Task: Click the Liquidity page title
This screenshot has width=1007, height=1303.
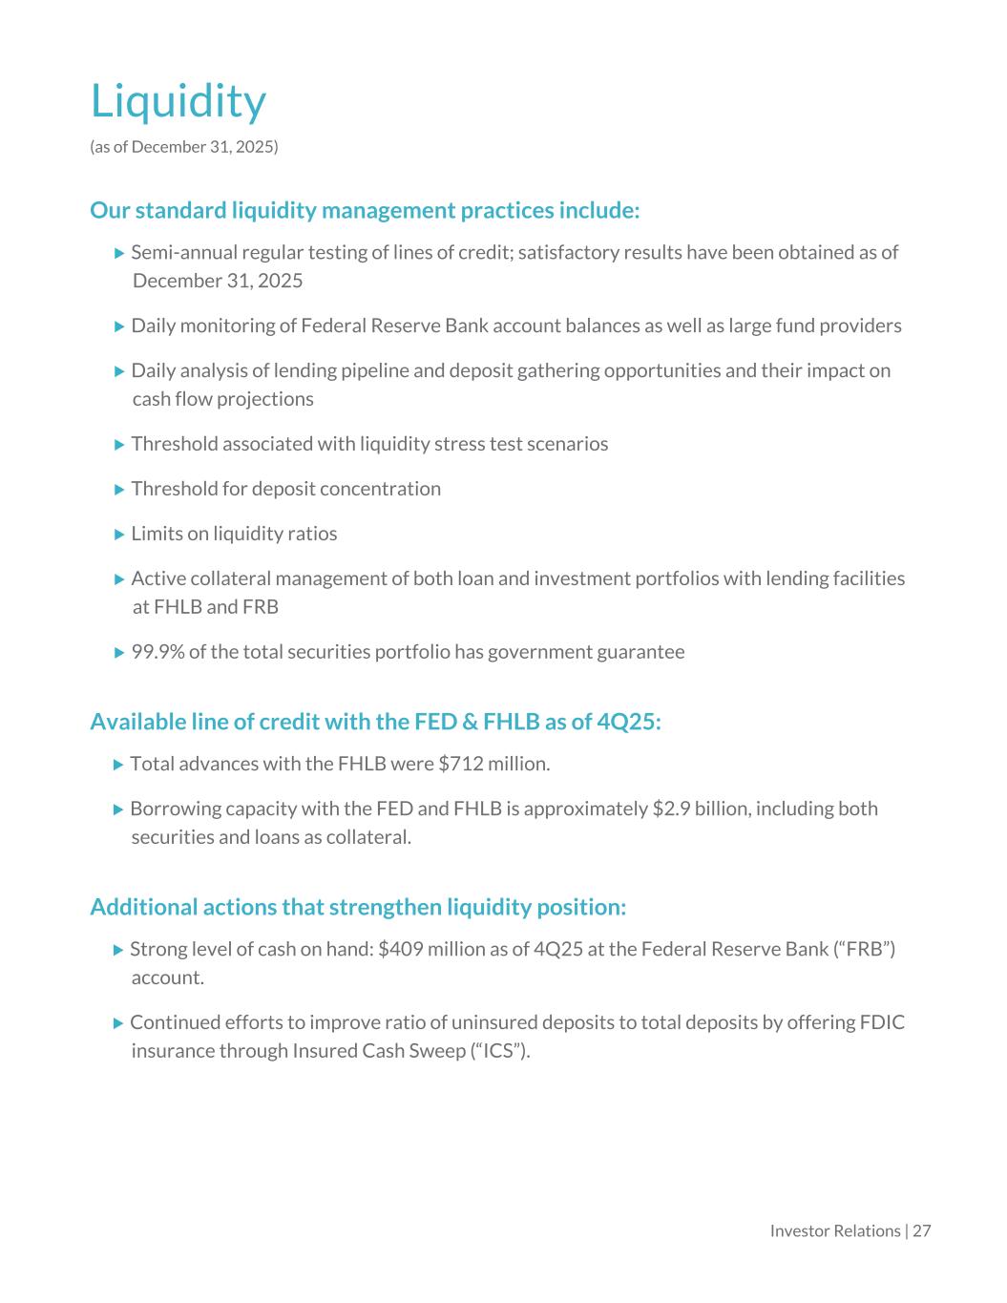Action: pyautogui.click(x=178, y=101)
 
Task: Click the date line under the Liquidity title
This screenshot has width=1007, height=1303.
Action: pyautogui.click(x=184, y=147)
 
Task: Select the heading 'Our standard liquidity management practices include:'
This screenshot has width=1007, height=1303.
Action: pyautogui.click(x=365, y=210)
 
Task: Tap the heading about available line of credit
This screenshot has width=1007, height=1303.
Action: pyautogui.click(x=375, y=722)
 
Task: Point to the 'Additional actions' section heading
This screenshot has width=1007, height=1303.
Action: pyautogui.click(x=358, y=907)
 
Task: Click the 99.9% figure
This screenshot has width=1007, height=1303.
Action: pyautogui.click(x=157, y=652)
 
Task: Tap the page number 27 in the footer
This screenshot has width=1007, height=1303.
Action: pyautogui.click(x=921, y=1230)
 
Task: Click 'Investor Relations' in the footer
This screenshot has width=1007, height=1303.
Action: pyautogui.click(x=835, y=1230)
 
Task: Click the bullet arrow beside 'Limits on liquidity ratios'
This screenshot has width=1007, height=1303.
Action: pyautogui.click(x=119, y=535)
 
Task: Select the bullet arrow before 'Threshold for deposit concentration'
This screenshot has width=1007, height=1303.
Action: pyautogui.click(x=119, y=490)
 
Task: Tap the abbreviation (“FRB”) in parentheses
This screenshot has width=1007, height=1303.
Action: pyautogui.click(x=865, y=949)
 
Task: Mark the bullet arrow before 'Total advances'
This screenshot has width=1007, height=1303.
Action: pyautogui.click(x=118, y=765)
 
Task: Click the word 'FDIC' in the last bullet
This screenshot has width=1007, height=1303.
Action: pyautogui.click(x=882, y=1022)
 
